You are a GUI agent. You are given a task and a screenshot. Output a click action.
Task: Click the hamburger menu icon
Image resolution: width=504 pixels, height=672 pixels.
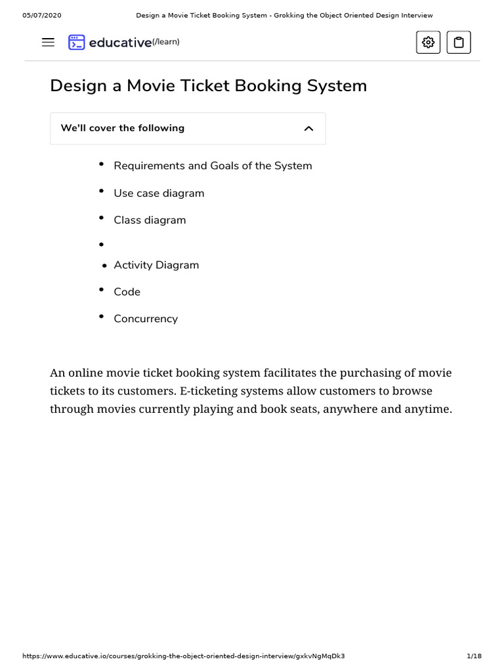[48, 43]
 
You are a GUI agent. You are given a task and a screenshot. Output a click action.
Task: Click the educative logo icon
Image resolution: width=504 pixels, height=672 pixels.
[77, 43]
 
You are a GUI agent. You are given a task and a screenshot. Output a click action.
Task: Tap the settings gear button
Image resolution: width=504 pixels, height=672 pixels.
[428, 43]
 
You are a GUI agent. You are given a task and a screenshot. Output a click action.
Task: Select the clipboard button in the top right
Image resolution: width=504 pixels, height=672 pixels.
[459, 43]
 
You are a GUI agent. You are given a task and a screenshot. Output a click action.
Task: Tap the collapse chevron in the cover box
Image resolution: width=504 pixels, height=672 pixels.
[308, 129]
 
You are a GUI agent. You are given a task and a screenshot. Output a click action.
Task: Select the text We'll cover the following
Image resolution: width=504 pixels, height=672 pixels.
[122, 128]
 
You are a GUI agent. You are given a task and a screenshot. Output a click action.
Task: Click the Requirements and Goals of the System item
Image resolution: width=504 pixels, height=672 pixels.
[213, 166]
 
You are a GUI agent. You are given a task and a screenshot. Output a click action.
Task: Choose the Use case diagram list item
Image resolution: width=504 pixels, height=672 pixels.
[159, 193]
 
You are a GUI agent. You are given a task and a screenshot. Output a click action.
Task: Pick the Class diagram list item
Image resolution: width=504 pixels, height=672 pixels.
[150, 220]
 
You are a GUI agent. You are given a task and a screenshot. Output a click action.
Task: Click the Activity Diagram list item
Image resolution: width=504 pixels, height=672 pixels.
[156, 265]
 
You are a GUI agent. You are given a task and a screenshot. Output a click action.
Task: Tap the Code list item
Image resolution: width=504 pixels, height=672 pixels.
[127, 292]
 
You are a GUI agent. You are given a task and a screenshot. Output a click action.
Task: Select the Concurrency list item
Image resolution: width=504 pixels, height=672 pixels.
[146, 319]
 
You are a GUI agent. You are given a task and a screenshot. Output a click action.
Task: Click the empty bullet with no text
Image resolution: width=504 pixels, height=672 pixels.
[101, 245]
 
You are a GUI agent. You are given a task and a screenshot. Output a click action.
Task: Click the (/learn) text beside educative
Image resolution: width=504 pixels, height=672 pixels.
[165, 43]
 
